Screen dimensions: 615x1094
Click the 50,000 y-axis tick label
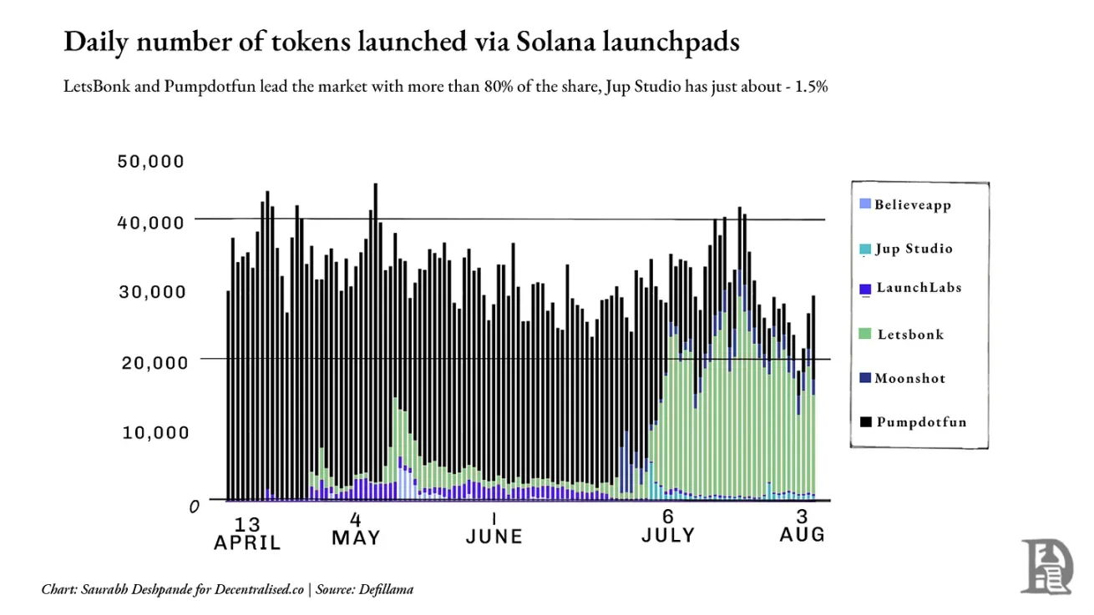click(150, 161)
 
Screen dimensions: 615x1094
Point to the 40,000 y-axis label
click(150, 222)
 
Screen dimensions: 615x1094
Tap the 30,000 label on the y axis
click(150, 292)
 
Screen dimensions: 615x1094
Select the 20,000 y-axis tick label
click(150, 362)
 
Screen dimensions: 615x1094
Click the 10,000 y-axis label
click(150, 432)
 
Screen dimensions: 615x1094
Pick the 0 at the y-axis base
click(194, 506)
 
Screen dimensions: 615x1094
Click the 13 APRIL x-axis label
click(247, 533)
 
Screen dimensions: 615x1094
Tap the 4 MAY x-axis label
click(356, 528)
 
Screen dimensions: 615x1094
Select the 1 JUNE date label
click(494, 527)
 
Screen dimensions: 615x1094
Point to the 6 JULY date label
click(668, 527)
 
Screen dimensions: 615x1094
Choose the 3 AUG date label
click(803, 525)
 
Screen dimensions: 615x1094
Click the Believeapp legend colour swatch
click(864, 204)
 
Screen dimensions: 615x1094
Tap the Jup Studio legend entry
click(914, 249)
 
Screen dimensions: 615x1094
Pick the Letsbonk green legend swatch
click(864, 335)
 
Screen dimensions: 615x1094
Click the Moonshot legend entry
click(909, 378)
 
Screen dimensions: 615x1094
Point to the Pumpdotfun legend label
click(921, 422)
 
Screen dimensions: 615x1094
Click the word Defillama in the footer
click(387, 589)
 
